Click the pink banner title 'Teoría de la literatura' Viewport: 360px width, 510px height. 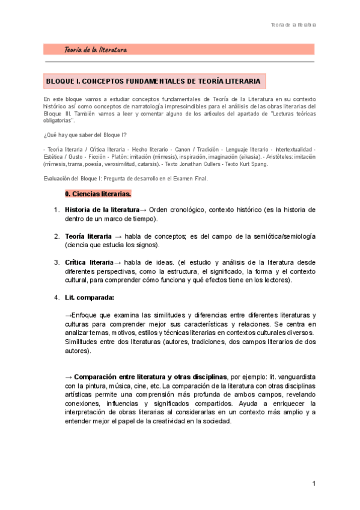[96, 49]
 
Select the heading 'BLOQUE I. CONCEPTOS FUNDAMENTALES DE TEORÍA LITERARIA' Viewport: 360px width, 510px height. [153, 81]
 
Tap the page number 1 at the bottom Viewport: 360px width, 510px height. [314, 484]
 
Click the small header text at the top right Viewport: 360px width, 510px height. [293, 25]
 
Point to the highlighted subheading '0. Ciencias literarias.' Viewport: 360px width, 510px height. [98, 194]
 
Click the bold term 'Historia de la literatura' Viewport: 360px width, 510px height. [102, 210]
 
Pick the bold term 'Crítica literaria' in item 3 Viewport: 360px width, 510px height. [88, 262]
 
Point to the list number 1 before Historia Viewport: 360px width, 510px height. [56, 210]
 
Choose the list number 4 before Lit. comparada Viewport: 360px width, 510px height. [56, 297]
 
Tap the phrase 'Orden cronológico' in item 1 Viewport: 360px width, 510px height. [178, 210]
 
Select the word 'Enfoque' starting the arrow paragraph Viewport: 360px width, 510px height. [84, 315]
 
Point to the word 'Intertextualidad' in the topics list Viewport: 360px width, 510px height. [294, 149]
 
